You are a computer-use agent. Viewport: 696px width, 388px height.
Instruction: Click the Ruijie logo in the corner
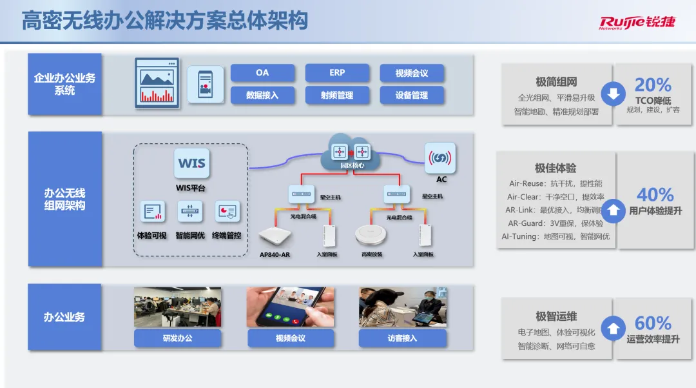[x=637, y=22]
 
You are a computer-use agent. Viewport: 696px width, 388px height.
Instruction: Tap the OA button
[x=262, y=73]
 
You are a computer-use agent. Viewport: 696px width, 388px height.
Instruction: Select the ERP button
[x=337, y=73]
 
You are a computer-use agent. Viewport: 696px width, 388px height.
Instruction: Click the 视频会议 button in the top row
[x=412, y=74]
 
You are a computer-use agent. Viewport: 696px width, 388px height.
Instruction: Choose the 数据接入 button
[x=262, y=95]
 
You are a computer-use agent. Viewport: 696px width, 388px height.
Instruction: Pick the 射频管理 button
[x=337, y=95]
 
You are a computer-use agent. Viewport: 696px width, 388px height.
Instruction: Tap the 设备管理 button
[x=412, y=95]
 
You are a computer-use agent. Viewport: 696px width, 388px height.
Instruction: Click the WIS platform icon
[x=191, y=163]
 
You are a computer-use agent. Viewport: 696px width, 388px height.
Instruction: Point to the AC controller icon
[x=441, y=158]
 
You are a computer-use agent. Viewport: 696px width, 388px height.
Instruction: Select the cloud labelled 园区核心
[x=352, y=153]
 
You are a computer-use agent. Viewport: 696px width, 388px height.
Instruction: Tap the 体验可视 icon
[x=153, y=212]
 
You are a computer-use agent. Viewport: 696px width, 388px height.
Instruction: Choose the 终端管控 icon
[x=226, y=212]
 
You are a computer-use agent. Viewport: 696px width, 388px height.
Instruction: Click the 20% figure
[x=653, y=85]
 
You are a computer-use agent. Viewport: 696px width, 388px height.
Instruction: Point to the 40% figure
[x=655, y=194]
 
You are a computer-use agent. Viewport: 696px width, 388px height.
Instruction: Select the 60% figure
[x=653, y=323]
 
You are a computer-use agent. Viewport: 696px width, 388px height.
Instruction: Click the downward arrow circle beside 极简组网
[x=613, y=95]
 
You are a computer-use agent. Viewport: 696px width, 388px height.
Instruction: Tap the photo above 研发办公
[x=177, y=307]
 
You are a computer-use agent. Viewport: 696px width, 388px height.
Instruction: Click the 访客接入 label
[x=402, y=338]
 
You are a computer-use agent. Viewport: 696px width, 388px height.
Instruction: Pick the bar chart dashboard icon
[x=157, y=83]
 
